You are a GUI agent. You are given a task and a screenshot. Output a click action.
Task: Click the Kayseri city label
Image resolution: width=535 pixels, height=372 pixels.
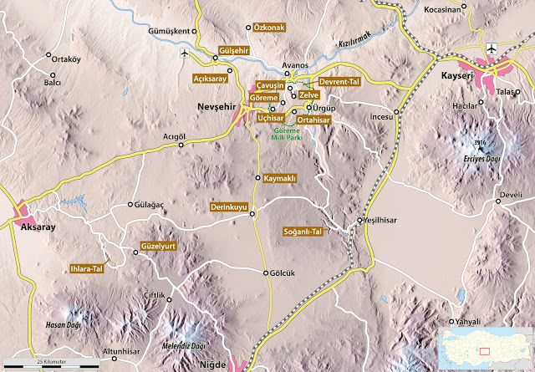[x=457, y=78]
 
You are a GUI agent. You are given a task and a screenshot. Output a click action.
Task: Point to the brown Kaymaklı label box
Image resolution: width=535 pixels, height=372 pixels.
[x=280, y=179]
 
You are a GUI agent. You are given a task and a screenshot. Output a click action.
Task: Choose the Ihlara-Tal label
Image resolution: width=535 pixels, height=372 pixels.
[x=86, y=269]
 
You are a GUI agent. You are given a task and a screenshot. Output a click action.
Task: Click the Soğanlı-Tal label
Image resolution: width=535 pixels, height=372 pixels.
[x=302, y=232]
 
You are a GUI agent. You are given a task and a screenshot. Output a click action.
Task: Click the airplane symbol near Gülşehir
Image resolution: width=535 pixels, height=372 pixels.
[x=185, y=54]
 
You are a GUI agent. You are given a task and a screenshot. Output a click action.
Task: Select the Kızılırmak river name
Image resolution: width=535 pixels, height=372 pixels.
[x=354, y=31]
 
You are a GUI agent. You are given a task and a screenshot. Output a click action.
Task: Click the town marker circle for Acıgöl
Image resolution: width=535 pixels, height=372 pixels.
[x=181, y=145]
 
